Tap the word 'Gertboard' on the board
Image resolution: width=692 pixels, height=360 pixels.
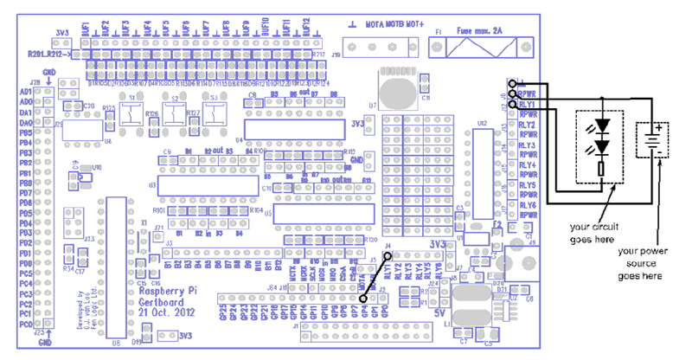coord(162,302)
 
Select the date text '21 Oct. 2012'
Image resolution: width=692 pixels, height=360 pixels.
coord(163,312)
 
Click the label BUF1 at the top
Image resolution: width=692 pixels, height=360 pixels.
coord(86,29)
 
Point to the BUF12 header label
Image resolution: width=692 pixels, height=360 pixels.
coord(306,29)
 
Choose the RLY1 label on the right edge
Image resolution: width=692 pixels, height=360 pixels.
coord(527,103)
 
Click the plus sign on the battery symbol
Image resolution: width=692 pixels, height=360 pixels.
coord(657,128)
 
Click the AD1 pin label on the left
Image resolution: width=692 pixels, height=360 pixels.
coord(26,92)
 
